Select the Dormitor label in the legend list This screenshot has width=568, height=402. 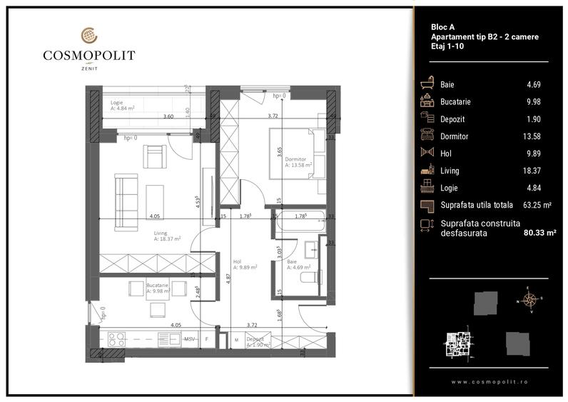point(455,136)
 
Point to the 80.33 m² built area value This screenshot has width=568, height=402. point(539,232)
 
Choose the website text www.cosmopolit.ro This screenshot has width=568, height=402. point(491,381)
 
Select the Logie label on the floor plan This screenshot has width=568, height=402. point(117,102)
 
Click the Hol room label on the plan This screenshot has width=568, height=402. point(237,261)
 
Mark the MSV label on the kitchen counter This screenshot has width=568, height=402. point(190,338)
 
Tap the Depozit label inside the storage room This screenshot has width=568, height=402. point(255,339)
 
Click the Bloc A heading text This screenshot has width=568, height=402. point(443,26)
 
